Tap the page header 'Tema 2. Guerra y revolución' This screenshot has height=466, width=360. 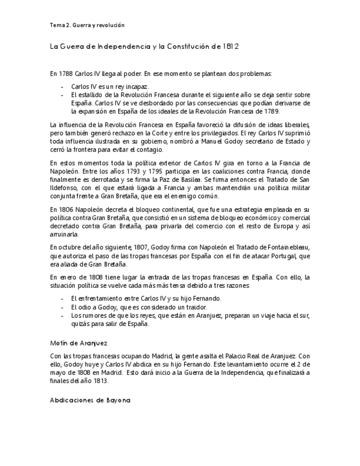point(87,25)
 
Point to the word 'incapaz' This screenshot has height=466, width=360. point(137,87)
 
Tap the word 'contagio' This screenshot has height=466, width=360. point(151,149)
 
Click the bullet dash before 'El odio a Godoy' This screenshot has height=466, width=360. point(63,307)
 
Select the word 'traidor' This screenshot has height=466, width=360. point(197,307)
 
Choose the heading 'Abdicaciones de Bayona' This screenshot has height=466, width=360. point(90,400)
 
